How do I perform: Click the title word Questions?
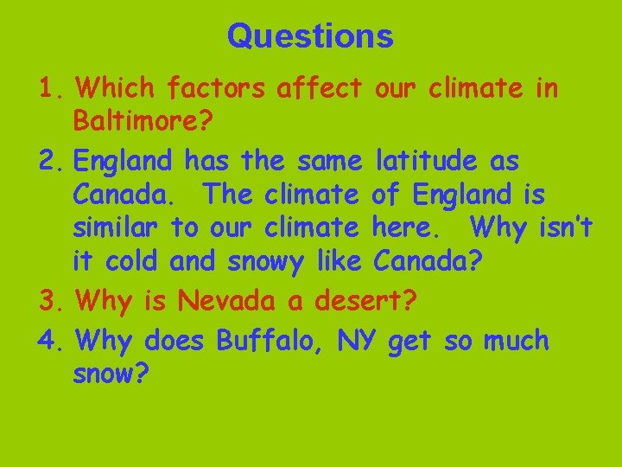pos(310,36)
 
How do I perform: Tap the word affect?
pos(321,87)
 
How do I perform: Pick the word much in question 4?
pos(516,341)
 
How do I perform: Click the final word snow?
pos(111,374)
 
